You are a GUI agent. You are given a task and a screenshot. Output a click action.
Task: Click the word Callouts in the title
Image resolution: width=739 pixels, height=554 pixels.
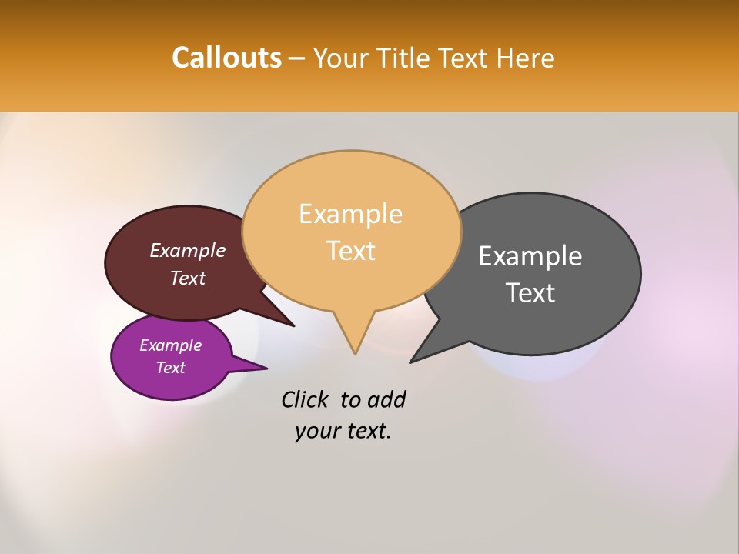(x=226, y=58)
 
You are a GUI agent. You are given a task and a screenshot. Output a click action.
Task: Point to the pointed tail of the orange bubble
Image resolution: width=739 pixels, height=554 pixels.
(x=355, y=342)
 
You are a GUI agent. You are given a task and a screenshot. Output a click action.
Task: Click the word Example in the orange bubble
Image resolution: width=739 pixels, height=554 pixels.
(x=350, y=214)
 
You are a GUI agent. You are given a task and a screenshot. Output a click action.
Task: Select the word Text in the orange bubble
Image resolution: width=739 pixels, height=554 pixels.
(x=350, y=251)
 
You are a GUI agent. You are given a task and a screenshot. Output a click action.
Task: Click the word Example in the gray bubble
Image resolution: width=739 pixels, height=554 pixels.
(x=530, y=256)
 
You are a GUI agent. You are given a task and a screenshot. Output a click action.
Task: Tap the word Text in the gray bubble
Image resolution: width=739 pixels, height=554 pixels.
(x=530, y=293)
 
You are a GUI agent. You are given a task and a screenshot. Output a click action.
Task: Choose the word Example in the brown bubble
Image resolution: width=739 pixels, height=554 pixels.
(x=187, y=250)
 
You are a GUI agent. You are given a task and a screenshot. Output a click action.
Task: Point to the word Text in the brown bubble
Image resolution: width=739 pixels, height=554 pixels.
(x=187, y=278)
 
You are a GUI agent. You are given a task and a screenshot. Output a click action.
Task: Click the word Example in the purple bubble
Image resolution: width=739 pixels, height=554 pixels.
(x=170, y=345)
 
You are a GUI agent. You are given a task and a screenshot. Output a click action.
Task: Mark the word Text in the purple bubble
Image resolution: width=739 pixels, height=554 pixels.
(x=170, y=368)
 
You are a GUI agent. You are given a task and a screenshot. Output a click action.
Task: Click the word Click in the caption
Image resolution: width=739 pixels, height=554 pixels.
(x=305, y=399)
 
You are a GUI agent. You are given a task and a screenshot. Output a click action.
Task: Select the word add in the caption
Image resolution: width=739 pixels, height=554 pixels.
(x=386, y=399)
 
